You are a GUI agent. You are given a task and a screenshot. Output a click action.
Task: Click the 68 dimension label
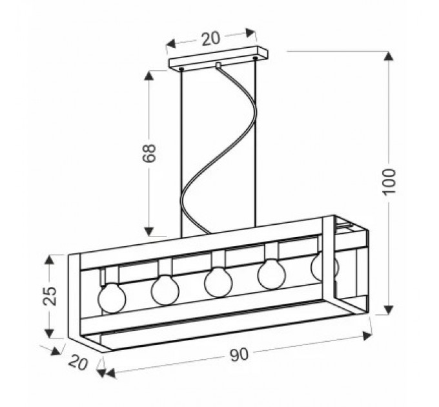tap(149, 153)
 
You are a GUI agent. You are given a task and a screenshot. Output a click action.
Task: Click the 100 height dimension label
tap(389, 182)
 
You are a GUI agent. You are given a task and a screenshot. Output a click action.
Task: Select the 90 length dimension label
tap(240, 355)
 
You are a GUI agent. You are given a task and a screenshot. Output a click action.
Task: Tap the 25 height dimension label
tap(50, 296)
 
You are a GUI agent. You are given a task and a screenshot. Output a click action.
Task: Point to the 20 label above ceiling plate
tap(211, 39)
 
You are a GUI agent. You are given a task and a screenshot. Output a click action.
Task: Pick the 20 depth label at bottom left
tap(78, 362)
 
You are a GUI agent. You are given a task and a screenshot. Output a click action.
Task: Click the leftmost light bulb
tap(112, 298)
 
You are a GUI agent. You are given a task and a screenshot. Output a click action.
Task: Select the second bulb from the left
tap(165, 290)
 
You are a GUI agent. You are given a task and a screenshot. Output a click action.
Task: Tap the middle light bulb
tap(218, 282)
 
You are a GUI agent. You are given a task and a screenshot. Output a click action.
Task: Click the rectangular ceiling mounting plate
tap(218, 59)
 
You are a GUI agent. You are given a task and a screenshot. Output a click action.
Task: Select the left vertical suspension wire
tap(181, 153)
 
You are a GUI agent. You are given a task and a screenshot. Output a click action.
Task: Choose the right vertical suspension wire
tap(255, 142)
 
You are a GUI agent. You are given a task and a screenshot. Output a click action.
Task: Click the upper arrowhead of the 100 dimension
tap(389, 56)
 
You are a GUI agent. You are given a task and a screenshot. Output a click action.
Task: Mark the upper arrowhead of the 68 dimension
tap(149, 76)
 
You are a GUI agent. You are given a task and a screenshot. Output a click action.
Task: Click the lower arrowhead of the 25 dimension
tap(49, 333)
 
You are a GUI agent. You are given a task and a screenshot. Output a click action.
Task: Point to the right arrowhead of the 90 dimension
tap(367, 335)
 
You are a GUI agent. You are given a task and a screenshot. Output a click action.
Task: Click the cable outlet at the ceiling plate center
tap(218, 65)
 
